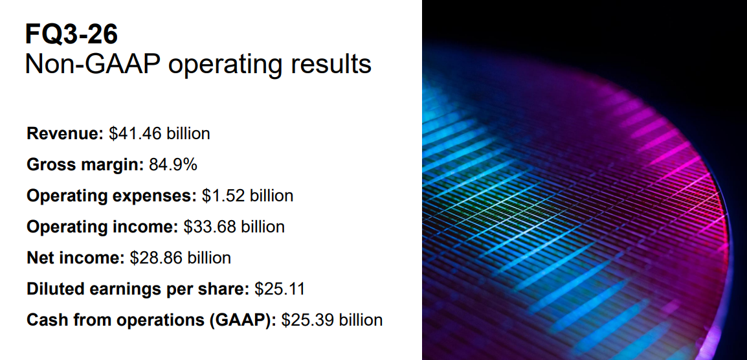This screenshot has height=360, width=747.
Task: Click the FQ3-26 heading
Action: coord(71,35)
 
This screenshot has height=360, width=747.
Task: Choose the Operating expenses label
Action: coord(111,196)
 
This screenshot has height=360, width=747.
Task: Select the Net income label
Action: coord(76,258)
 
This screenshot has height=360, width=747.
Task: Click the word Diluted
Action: coord(53,289)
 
